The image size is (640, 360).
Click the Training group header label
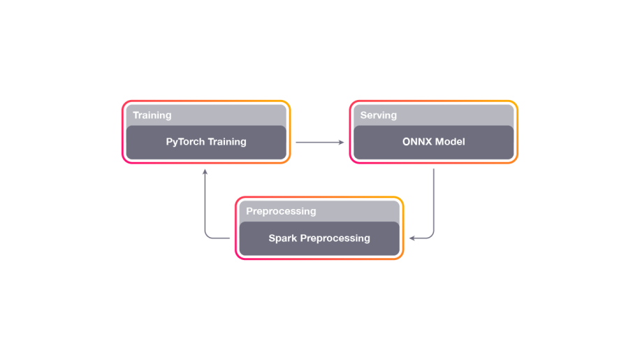152,115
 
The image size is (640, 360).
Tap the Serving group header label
378,115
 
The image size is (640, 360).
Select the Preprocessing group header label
281,211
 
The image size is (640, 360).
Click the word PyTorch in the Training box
184,142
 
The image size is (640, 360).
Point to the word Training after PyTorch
226,142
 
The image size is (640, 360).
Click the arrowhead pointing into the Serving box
342,143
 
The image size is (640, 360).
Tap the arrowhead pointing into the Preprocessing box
412,238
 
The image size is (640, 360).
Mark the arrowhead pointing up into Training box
205,171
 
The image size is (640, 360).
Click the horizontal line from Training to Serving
318,143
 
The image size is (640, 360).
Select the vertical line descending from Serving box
434,199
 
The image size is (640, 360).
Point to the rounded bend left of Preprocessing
208,236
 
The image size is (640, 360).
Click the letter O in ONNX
407,142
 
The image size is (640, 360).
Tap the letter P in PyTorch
169,142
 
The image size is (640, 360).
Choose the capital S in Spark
272,238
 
